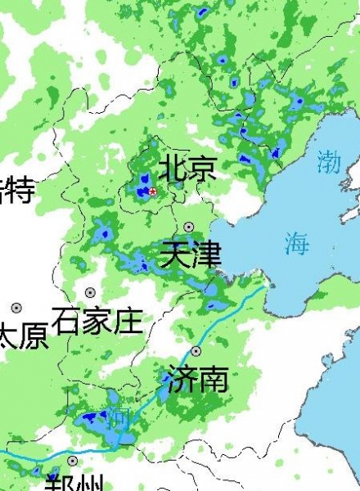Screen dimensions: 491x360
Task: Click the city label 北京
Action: pyautogui.click(x=187, y=168)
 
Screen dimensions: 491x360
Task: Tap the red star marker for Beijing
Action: pyautogui.click(x=152, y=191)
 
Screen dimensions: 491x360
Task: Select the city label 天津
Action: pyautogui.click(x=191, y=255)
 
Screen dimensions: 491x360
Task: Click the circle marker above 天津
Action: pyautogui.click(x=189, y=227)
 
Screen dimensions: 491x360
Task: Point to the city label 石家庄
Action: pyautogui.click(x=97, y=321)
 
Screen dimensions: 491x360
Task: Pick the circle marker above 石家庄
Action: pyautogui.click(x=90, y=292)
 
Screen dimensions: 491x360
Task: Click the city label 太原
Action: pyautogui.click(x=23, y=336)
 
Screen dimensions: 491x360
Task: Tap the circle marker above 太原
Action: pyautogui.click(x=16, y=308)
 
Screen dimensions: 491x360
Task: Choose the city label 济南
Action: pyautogui.click(x=196, y=379)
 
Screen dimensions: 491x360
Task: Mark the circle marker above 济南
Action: pyautogui.click(x=196, y=351)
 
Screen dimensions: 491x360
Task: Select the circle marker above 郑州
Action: pyautogui.click(x=73, y=461)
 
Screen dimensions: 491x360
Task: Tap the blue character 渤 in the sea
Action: pyautogui.click(x=329, y=160)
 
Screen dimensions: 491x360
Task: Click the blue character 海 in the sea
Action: pyautogui.click(x=297, y=242)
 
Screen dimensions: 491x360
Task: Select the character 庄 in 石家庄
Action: pyautogui.click(x=128, y=321)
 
